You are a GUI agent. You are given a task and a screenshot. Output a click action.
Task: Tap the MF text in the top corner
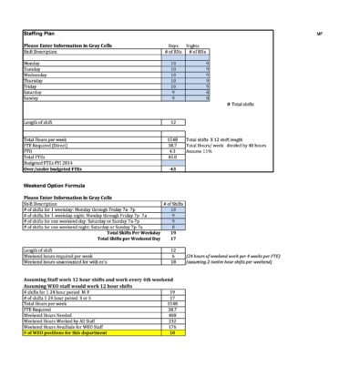[x=319, y=33]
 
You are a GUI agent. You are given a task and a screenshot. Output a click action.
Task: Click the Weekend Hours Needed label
[x=51, y=316]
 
